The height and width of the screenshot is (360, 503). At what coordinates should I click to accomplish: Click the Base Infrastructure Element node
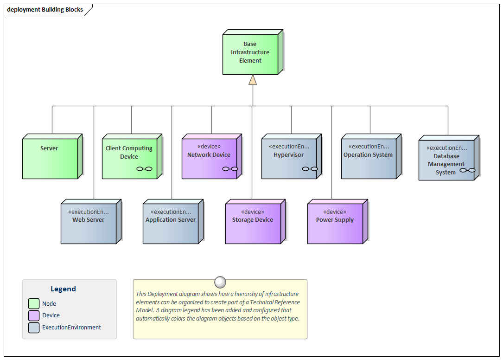tap(250, 53)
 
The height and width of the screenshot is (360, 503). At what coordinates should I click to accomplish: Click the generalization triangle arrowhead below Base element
tap(252, 80)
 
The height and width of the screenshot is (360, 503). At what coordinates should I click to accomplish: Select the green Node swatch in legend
tap(34, 303)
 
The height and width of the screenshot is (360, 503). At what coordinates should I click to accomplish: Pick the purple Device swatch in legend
tap(34, 315)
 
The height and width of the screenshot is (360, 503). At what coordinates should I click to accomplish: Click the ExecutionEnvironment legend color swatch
tap(34, 328)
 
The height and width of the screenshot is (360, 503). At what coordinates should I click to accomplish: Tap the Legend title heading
tap(63, 289)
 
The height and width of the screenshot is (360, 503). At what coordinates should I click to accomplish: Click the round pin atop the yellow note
tap(220, 282)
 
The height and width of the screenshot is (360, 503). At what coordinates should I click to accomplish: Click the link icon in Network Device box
tap(230, 169)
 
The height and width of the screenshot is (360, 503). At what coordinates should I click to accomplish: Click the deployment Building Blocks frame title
tap(45, 9)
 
